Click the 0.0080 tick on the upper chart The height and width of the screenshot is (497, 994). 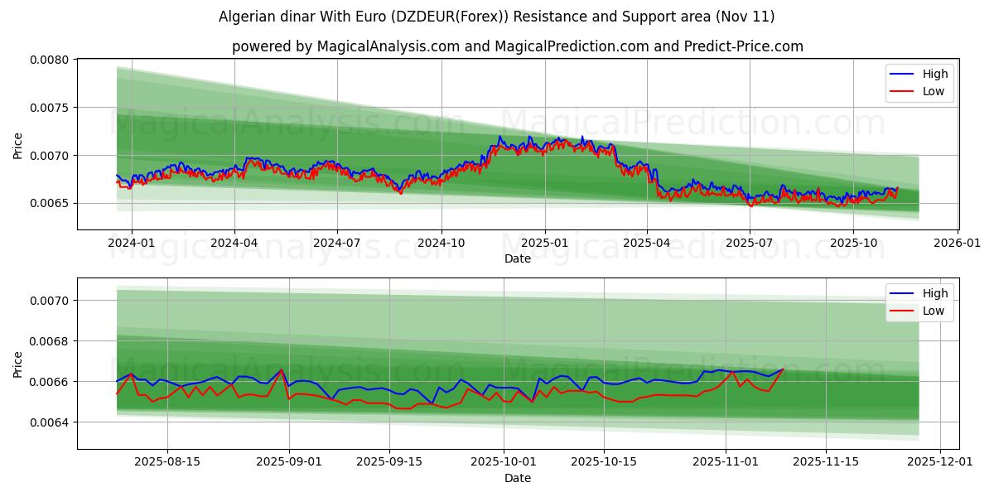pyautogui.click(x=51, y=60)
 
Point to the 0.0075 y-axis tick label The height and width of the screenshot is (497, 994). pyautogui.click(x=51, y=108)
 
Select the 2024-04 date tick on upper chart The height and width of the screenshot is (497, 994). pyautogui.click(x=234, y=243)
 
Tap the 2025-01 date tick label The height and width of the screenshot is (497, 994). pyautogui.click(x=544, y=243)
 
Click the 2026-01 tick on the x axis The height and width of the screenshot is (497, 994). pyautogui.click(x=958, y=243)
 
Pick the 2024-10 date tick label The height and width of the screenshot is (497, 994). pyautogui.click(x=441, y=243)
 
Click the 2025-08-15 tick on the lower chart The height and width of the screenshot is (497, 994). pyautogui.click(x=167, y=462)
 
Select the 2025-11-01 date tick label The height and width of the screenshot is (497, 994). pyautogui.click(x=726, y=462)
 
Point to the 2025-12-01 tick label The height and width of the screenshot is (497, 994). pyautogui.click(x=940, y=462)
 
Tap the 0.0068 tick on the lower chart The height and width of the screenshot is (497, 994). pyautogui.click(x=51, y=341)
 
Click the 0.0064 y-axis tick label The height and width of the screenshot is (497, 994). pyautogui.click(x=51, y=422)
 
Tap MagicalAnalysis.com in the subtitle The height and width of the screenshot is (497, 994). pyautogui.click(x=388, y=46)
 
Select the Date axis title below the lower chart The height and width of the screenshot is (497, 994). pyautogui.click(x=518, y=478)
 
